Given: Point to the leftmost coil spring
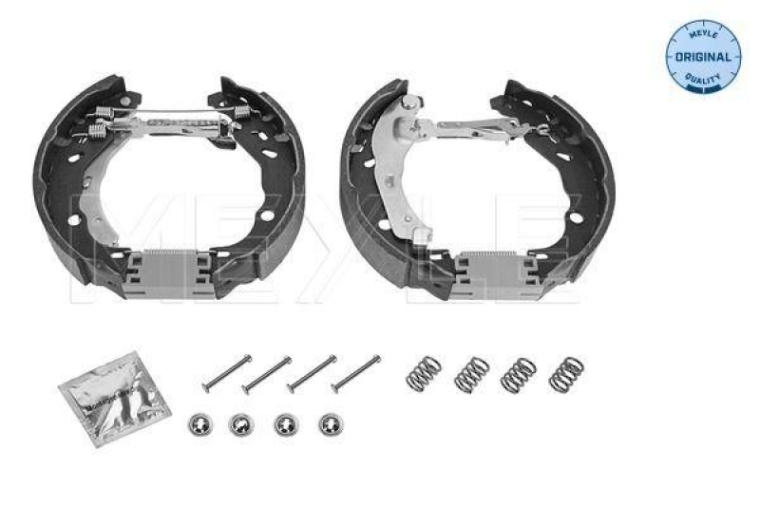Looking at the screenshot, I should coord(423,371).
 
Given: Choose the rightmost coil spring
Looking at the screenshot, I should coord(566,372).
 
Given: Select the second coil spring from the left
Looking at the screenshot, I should coord(471,372).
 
